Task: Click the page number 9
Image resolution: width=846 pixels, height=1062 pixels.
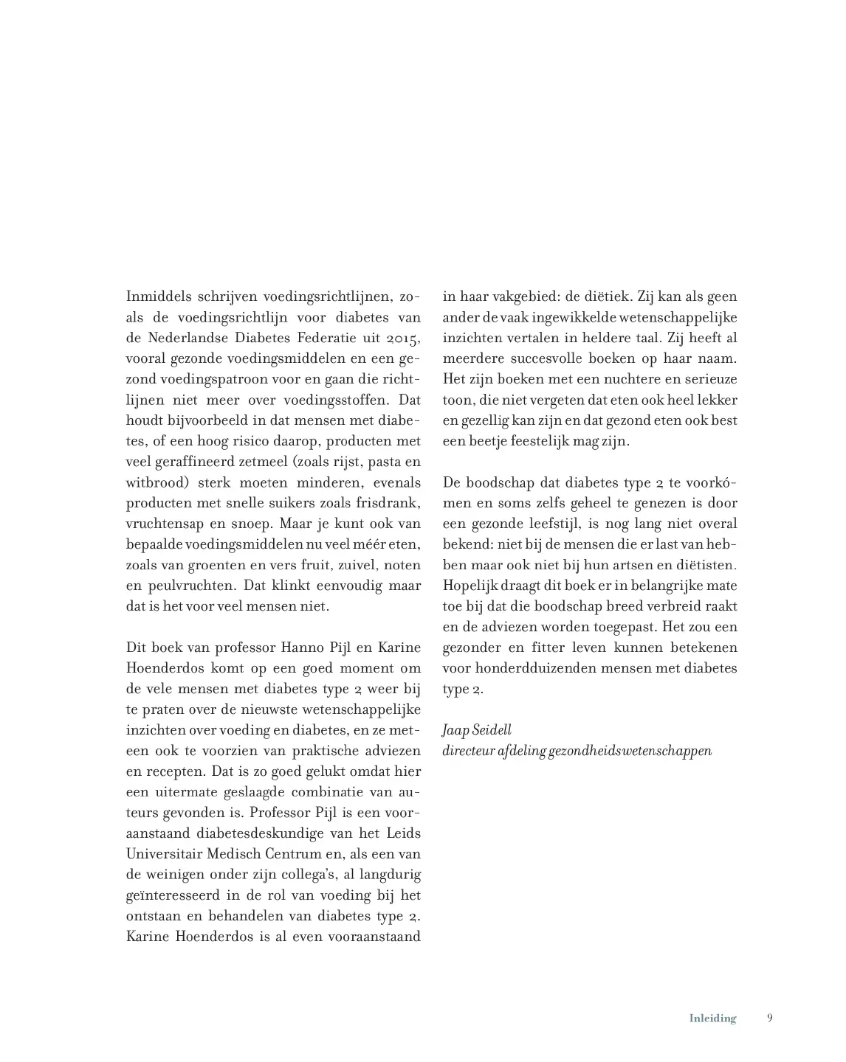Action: [770, 1018]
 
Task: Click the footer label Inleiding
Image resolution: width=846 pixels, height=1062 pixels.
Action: [712, 1018]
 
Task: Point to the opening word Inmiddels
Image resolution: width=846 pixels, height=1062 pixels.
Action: [158, 297]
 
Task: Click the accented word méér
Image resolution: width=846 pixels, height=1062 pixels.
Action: [359, 545]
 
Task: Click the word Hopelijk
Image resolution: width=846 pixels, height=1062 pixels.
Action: [469, 586]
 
